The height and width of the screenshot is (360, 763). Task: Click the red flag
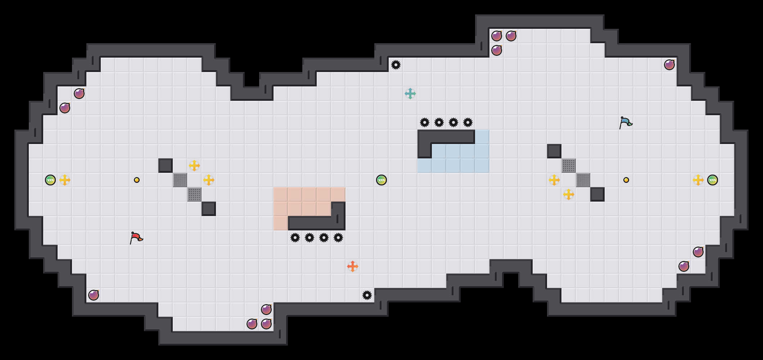(136, 237)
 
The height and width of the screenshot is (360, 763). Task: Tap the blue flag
(625, 122)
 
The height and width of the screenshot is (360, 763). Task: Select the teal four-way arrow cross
(410, 94)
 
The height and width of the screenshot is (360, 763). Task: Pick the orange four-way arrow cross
(353, 266)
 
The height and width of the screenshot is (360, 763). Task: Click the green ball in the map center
(381, 180)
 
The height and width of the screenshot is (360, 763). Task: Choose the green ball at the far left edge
(50, 180)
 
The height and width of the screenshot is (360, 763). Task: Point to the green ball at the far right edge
(713, 180)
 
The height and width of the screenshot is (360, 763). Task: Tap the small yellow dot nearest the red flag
(137, 180)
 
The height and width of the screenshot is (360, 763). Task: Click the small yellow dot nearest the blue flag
(626, 180)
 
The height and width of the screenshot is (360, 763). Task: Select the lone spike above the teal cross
(396, 65)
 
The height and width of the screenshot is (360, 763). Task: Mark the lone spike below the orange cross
(367, 295)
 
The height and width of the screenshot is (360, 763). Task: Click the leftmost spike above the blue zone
(425, 122)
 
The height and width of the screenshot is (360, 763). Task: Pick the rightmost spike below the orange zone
(338, 238)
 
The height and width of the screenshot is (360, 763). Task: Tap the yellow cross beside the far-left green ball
(65, 180)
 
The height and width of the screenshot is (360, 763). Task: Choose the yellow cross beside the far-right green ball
(698, 180)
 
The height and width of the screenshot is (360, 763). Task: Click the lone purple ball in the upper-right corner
(669, 65)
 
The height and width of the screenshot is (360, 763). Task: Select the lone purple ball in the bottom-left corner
(94, 295)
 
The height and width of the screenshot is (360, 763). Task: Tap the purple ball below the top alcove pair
(497, 50)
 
